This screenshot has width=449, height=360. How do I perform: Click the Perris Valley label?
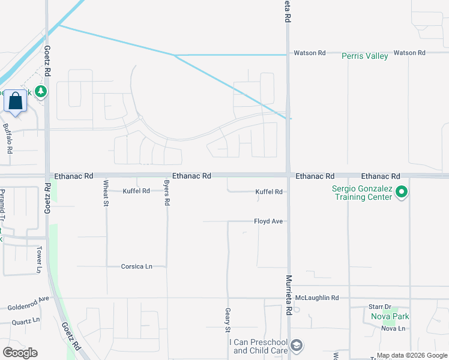coord(364,56)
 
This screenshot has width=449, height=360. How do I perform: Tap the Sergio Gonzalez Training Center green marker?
coord(402,193)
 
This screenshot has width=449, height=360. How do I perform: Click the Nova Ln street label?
coord(393,328)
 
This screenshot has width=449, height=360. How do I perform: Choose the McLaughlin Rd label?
coord(321,298)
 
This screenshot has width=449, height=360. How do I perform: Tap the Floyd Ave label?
coord(268,221)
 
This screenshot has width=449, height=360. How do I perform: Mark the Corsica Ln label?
coord(136,266)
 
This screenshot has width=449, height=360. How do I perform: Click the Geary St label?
coord(228,321)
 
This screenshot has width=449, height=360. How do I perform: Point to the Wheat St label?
coord(106,193)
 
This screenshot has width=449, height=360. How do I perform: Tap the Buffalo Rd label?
coord(7,139)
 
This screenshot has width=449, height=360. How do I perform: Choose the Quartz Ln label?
coord(25,321)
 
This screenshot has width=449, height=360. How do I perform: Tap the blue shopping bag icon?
coord(15,101)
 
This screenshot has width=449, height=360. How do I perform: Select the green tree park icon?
coord(41,92)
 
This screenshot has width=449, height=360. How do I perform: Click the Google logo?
coord(20,353)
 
